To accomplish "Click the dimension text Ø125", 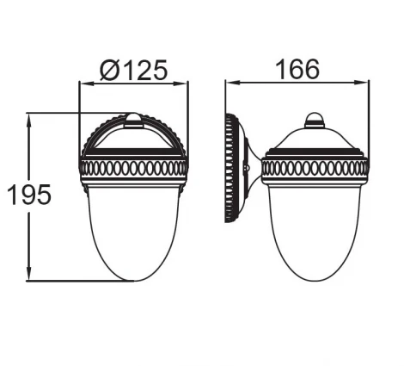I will coord(133,69).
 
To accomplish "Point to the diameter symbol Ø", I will coord(108,69).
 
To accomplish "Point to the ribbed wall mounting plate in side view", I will coord(230,167).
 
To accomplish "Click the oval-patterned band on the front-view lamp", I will coord(133,165).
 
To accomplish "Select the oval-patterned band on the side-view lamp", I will coord(315,167).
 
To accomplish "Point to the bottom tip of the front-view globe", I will coord(133,279).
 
